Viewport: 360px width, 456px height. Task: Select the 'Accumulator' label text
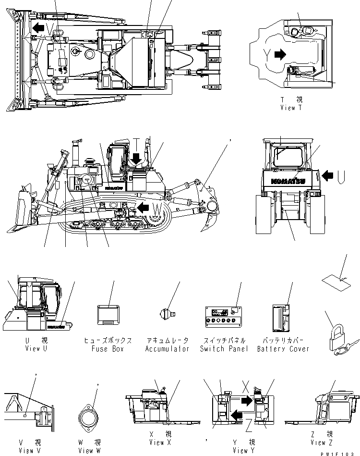pyautogui.click(x=167, y=349)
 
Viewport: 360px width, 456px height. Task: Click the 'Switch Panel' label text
pyautogui.click(x=224, y=349)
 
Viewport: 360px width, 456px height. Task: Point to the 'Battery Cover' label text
pyautogui.click(x=283, y=349)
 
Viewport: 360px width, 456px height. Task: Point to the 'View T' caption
pyautogui.click(x=291, y=108)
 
